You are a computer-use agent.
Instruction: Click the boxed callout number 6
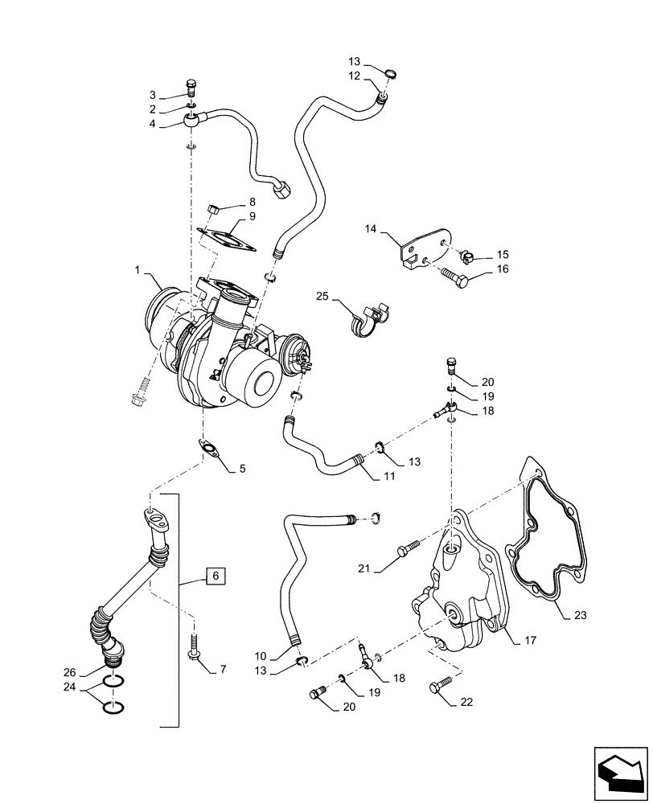pyautogui.click(x=215, y=576)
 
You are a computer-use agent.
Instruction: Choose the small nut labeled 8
pyautogui.click(x=214, y=211)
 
